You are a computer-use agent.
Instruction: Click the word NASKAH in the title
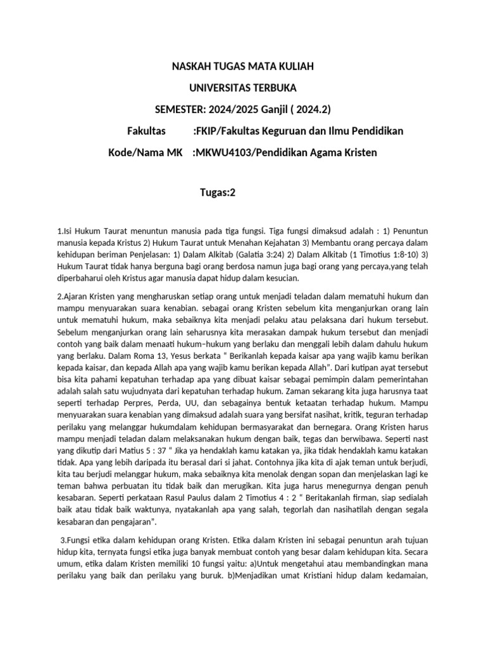click(191, 66)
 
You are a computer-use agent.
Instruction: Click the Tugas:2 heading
click(217, 193)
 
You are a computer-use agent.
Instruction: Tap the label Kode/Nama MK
click(145, 152)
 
